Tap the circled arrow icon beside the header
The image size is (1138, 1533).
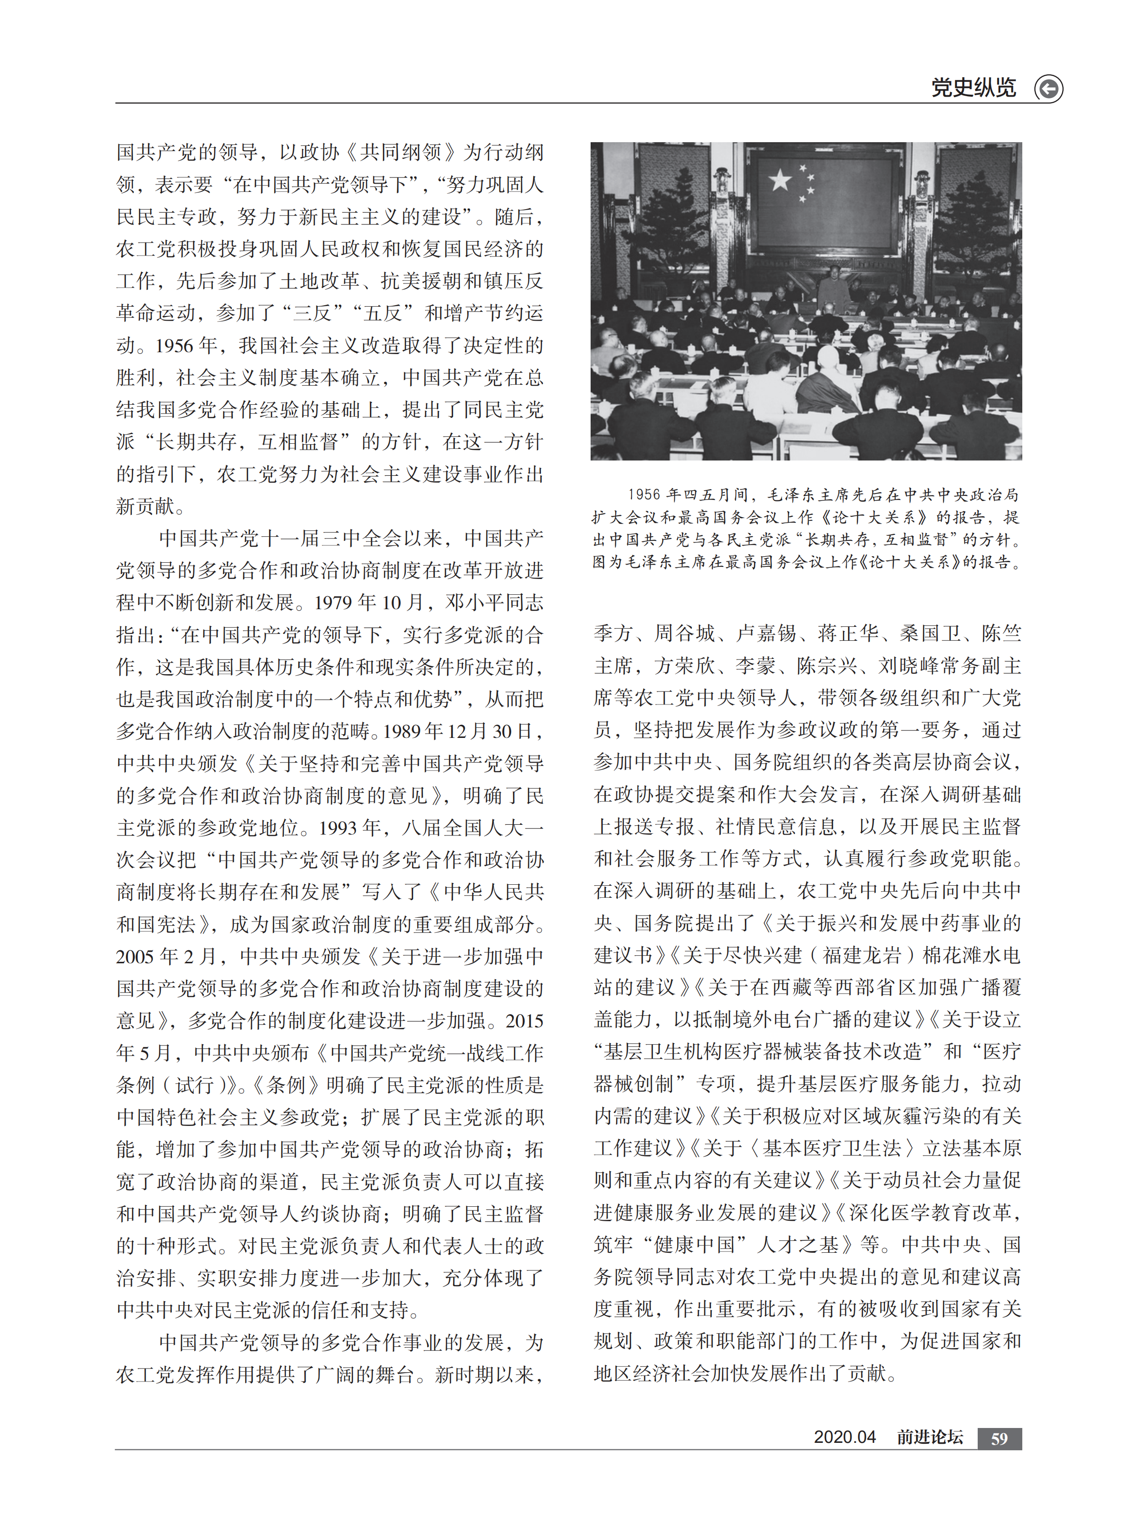1048,89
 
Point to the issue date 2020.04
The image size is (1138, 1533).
844,1437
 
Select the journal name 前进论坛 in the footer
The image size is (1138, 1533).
929,1437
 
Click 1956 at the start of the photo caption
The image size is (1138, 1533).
644,494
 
